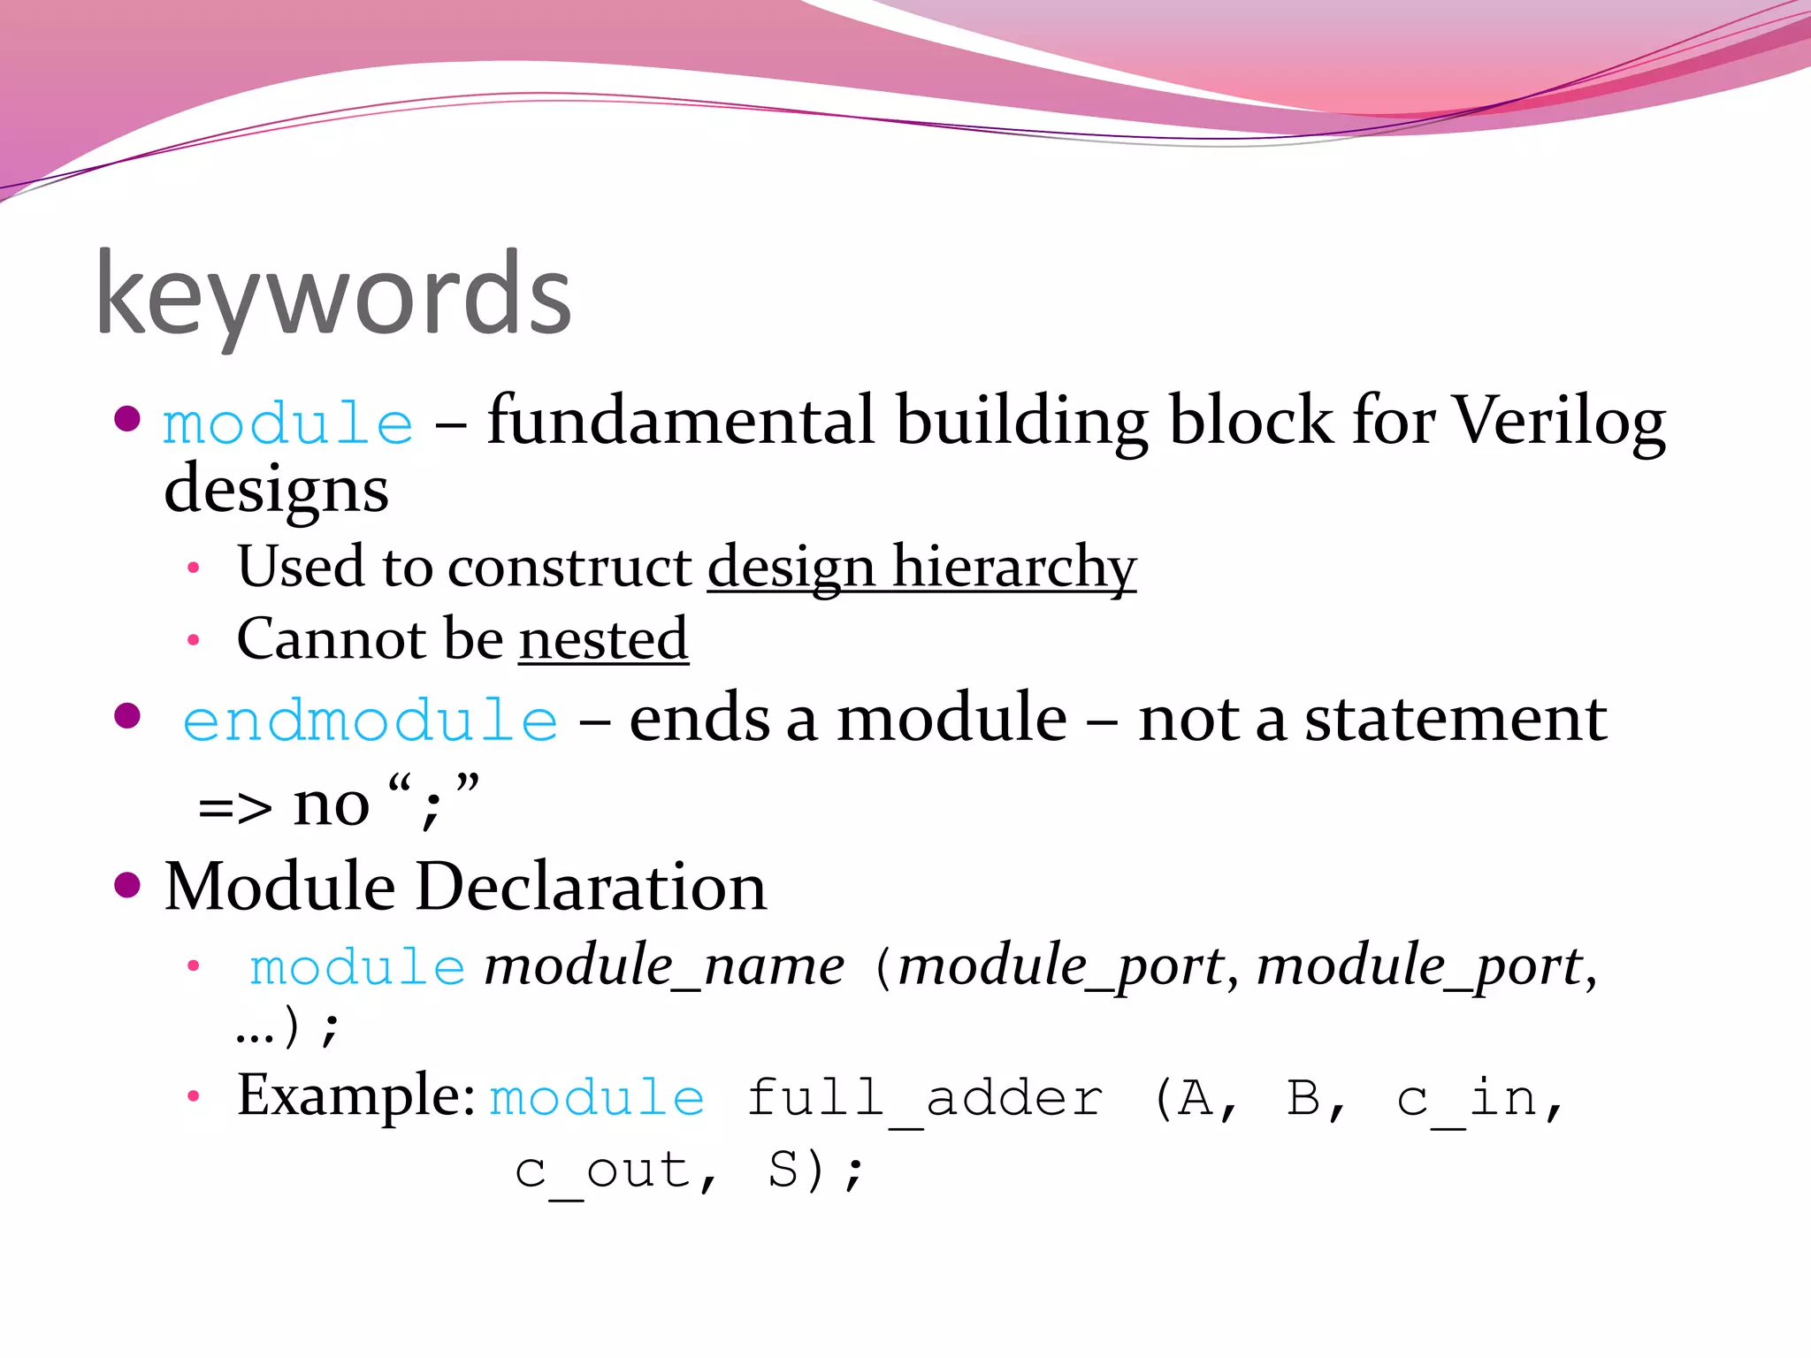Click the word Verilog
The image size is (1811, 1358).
pyautogui.click(x=1559, y=422)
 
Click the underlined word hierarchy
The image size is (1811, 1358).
pyautogui.click(x=1013, y=567)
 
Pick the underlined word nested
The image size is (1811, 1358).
pyautogui.click(x=603, y=639)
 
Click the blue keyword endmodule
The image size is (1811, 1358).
pyautogui.click(x=371, y=721)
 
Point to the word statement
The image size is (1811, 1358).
pyautogui.click(x=1456, y=719)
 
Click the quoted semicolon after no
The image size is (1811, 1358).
pyautogui.click(x=432, y=805)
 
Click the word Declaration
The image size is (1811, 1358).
pyautogui.click(x=591, y=887)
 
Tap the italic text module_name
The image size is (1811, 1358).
pyautogui.click(x=664, y=965)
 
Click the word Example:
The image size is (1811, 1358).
pyautogui.click(x=356, y=1096)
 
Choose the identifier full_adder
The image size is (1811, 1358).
pyautogui.click(x=925, y=1099)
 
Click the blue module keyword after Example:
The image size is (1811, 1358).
pyautogui.click(x=597, y=1099)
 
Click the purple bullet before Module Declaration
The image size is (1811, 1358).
pyautogui.click(x=128, y=885)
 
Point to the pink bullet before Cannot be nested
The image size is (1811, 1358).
pyautogui.click(x=194, y=640)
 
